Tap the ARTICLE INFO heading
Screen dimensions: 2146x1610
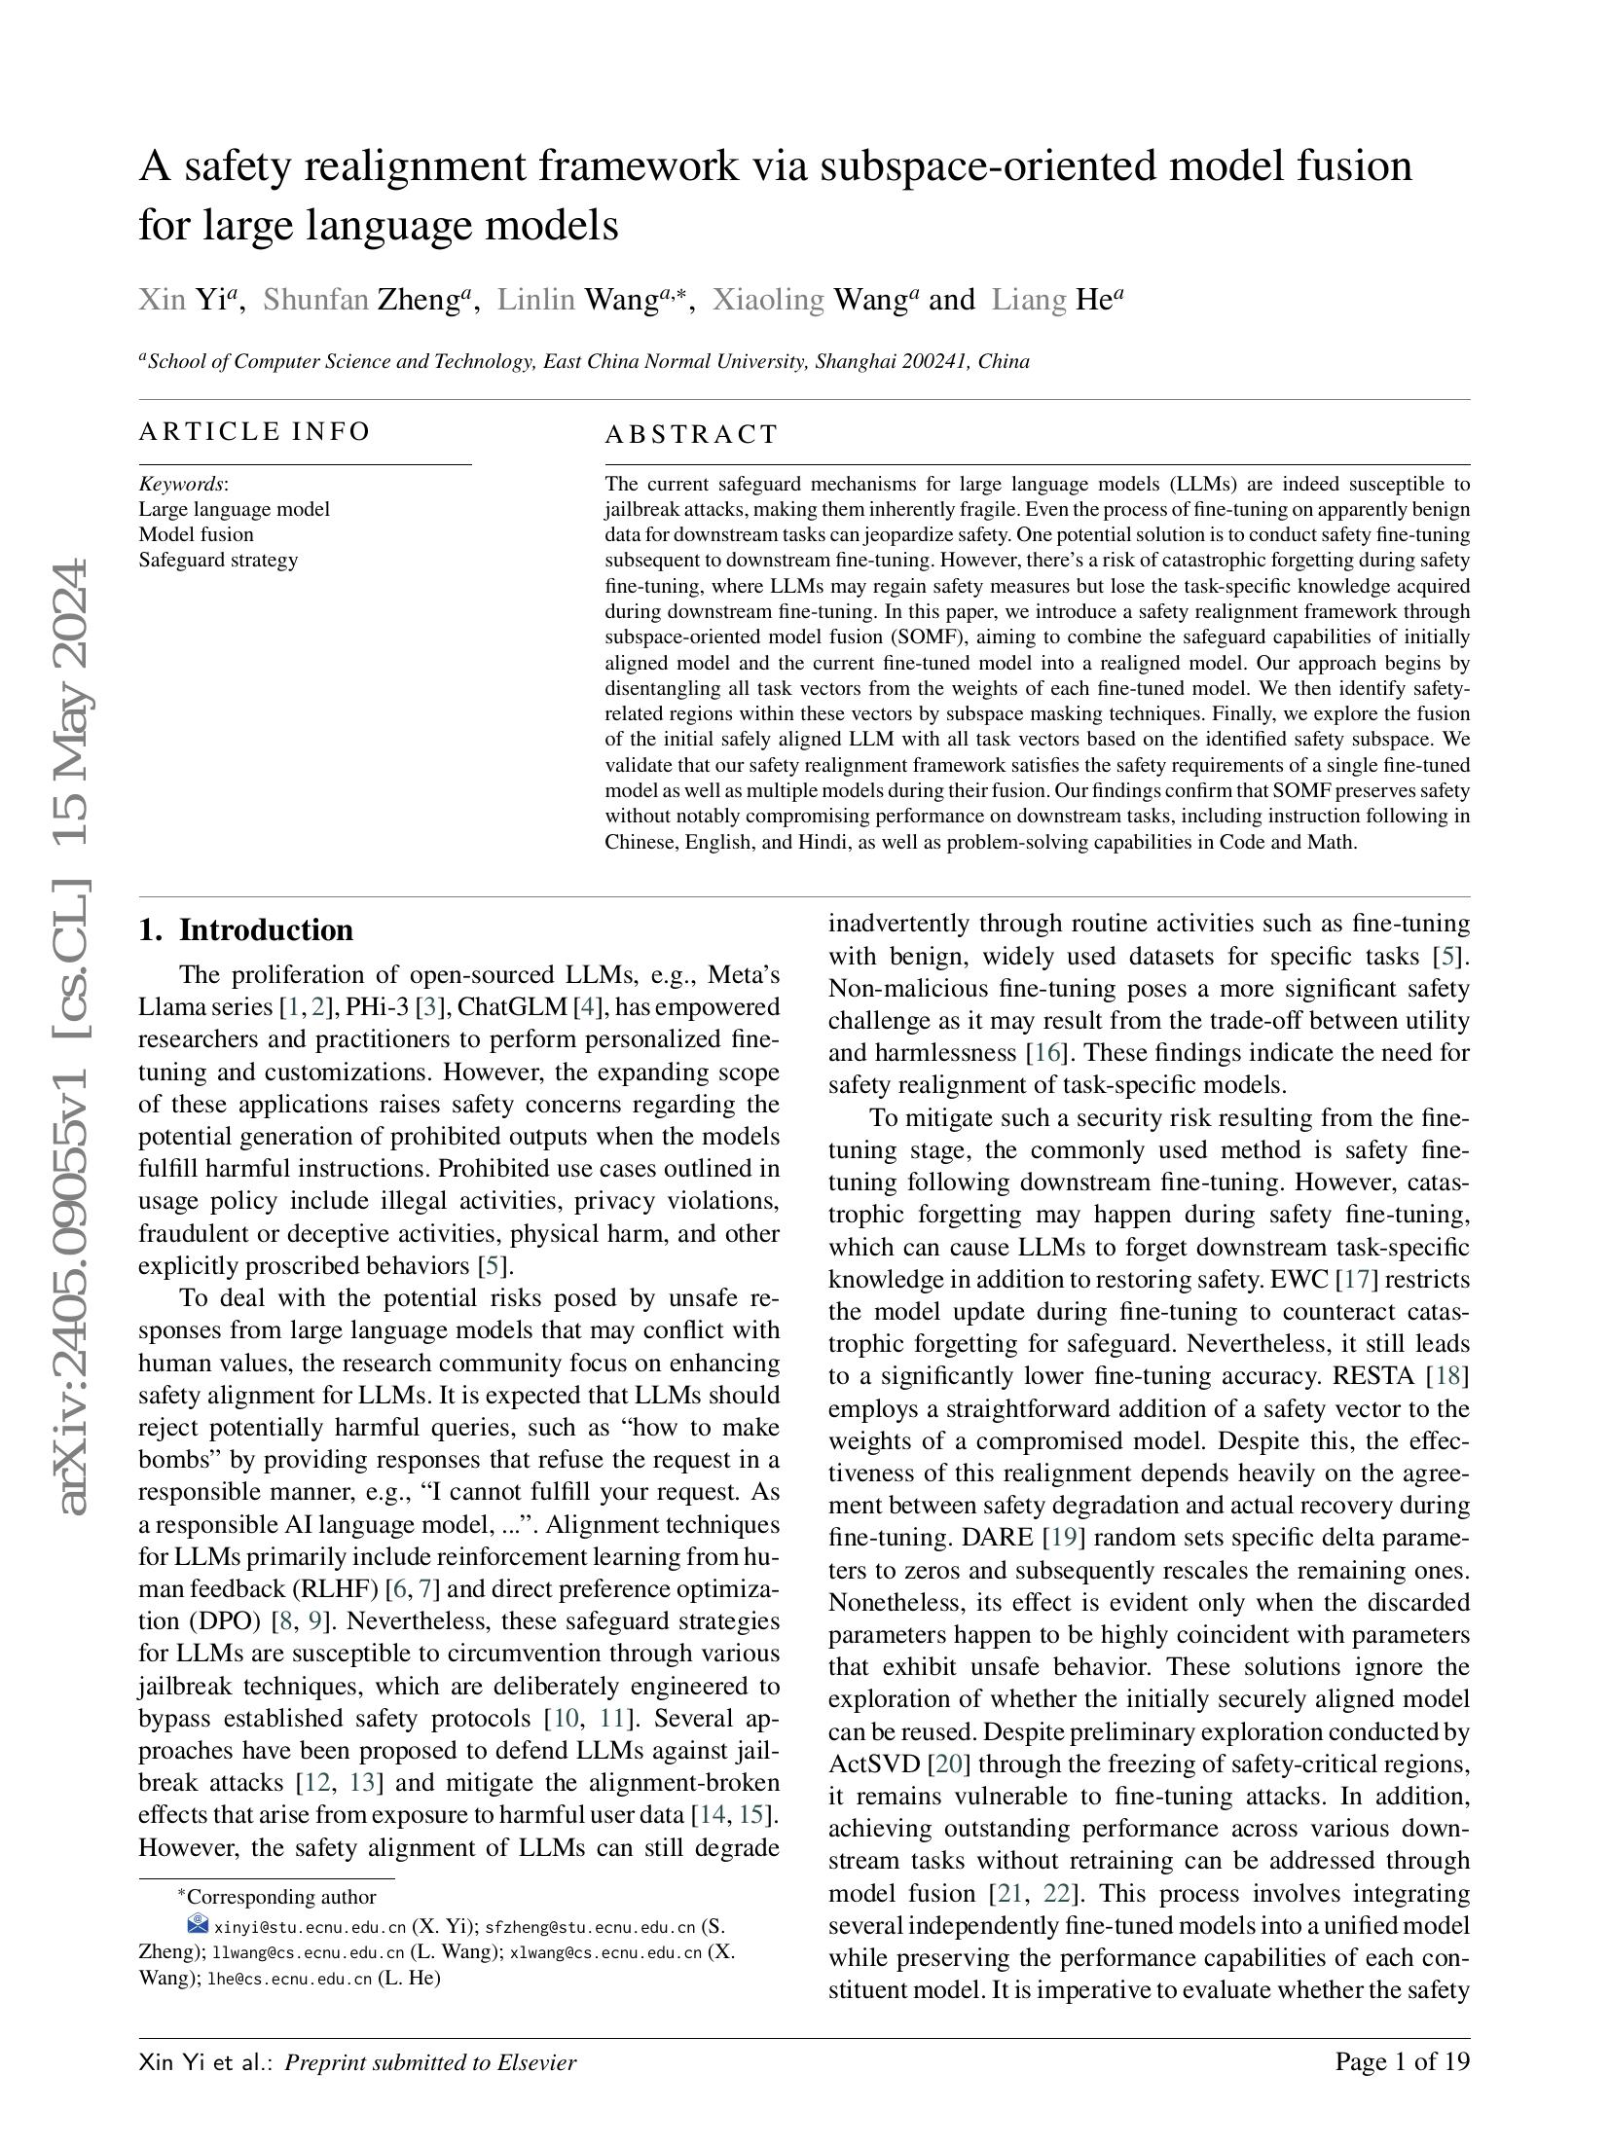(x=254, y=431)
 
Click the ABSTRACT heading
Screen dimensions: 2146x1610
(x=691, y=434)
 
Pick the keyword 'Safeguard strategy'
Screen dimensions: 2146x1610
(x=218, y=560)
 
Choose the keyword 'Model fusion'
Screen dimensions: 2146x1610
(x=196, y=534)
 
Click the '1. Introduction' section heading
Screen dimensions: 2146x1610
(x=245, y=929)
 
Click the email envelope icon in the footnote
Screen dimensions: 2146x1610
(x=198, y=1923)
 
